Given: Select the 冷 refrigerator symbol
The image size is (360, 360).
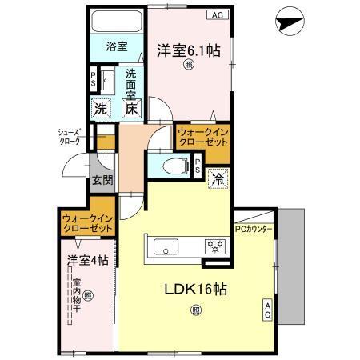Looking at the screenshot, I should pos(216,180).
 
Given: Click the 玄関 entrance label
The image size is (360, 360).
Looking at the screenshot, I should pos(101,181).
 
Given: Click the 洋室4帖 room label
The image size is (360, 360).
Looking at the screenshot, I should pos(87,261).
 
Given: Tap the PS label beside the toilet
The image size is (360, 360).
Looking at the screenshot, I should pos(198,165).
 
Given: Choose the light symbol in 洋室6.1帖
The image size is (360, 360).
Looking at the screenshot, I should pos(189,65).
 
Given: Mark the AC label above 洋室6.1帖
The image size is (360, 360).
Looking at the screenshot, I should pos(217,14).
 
